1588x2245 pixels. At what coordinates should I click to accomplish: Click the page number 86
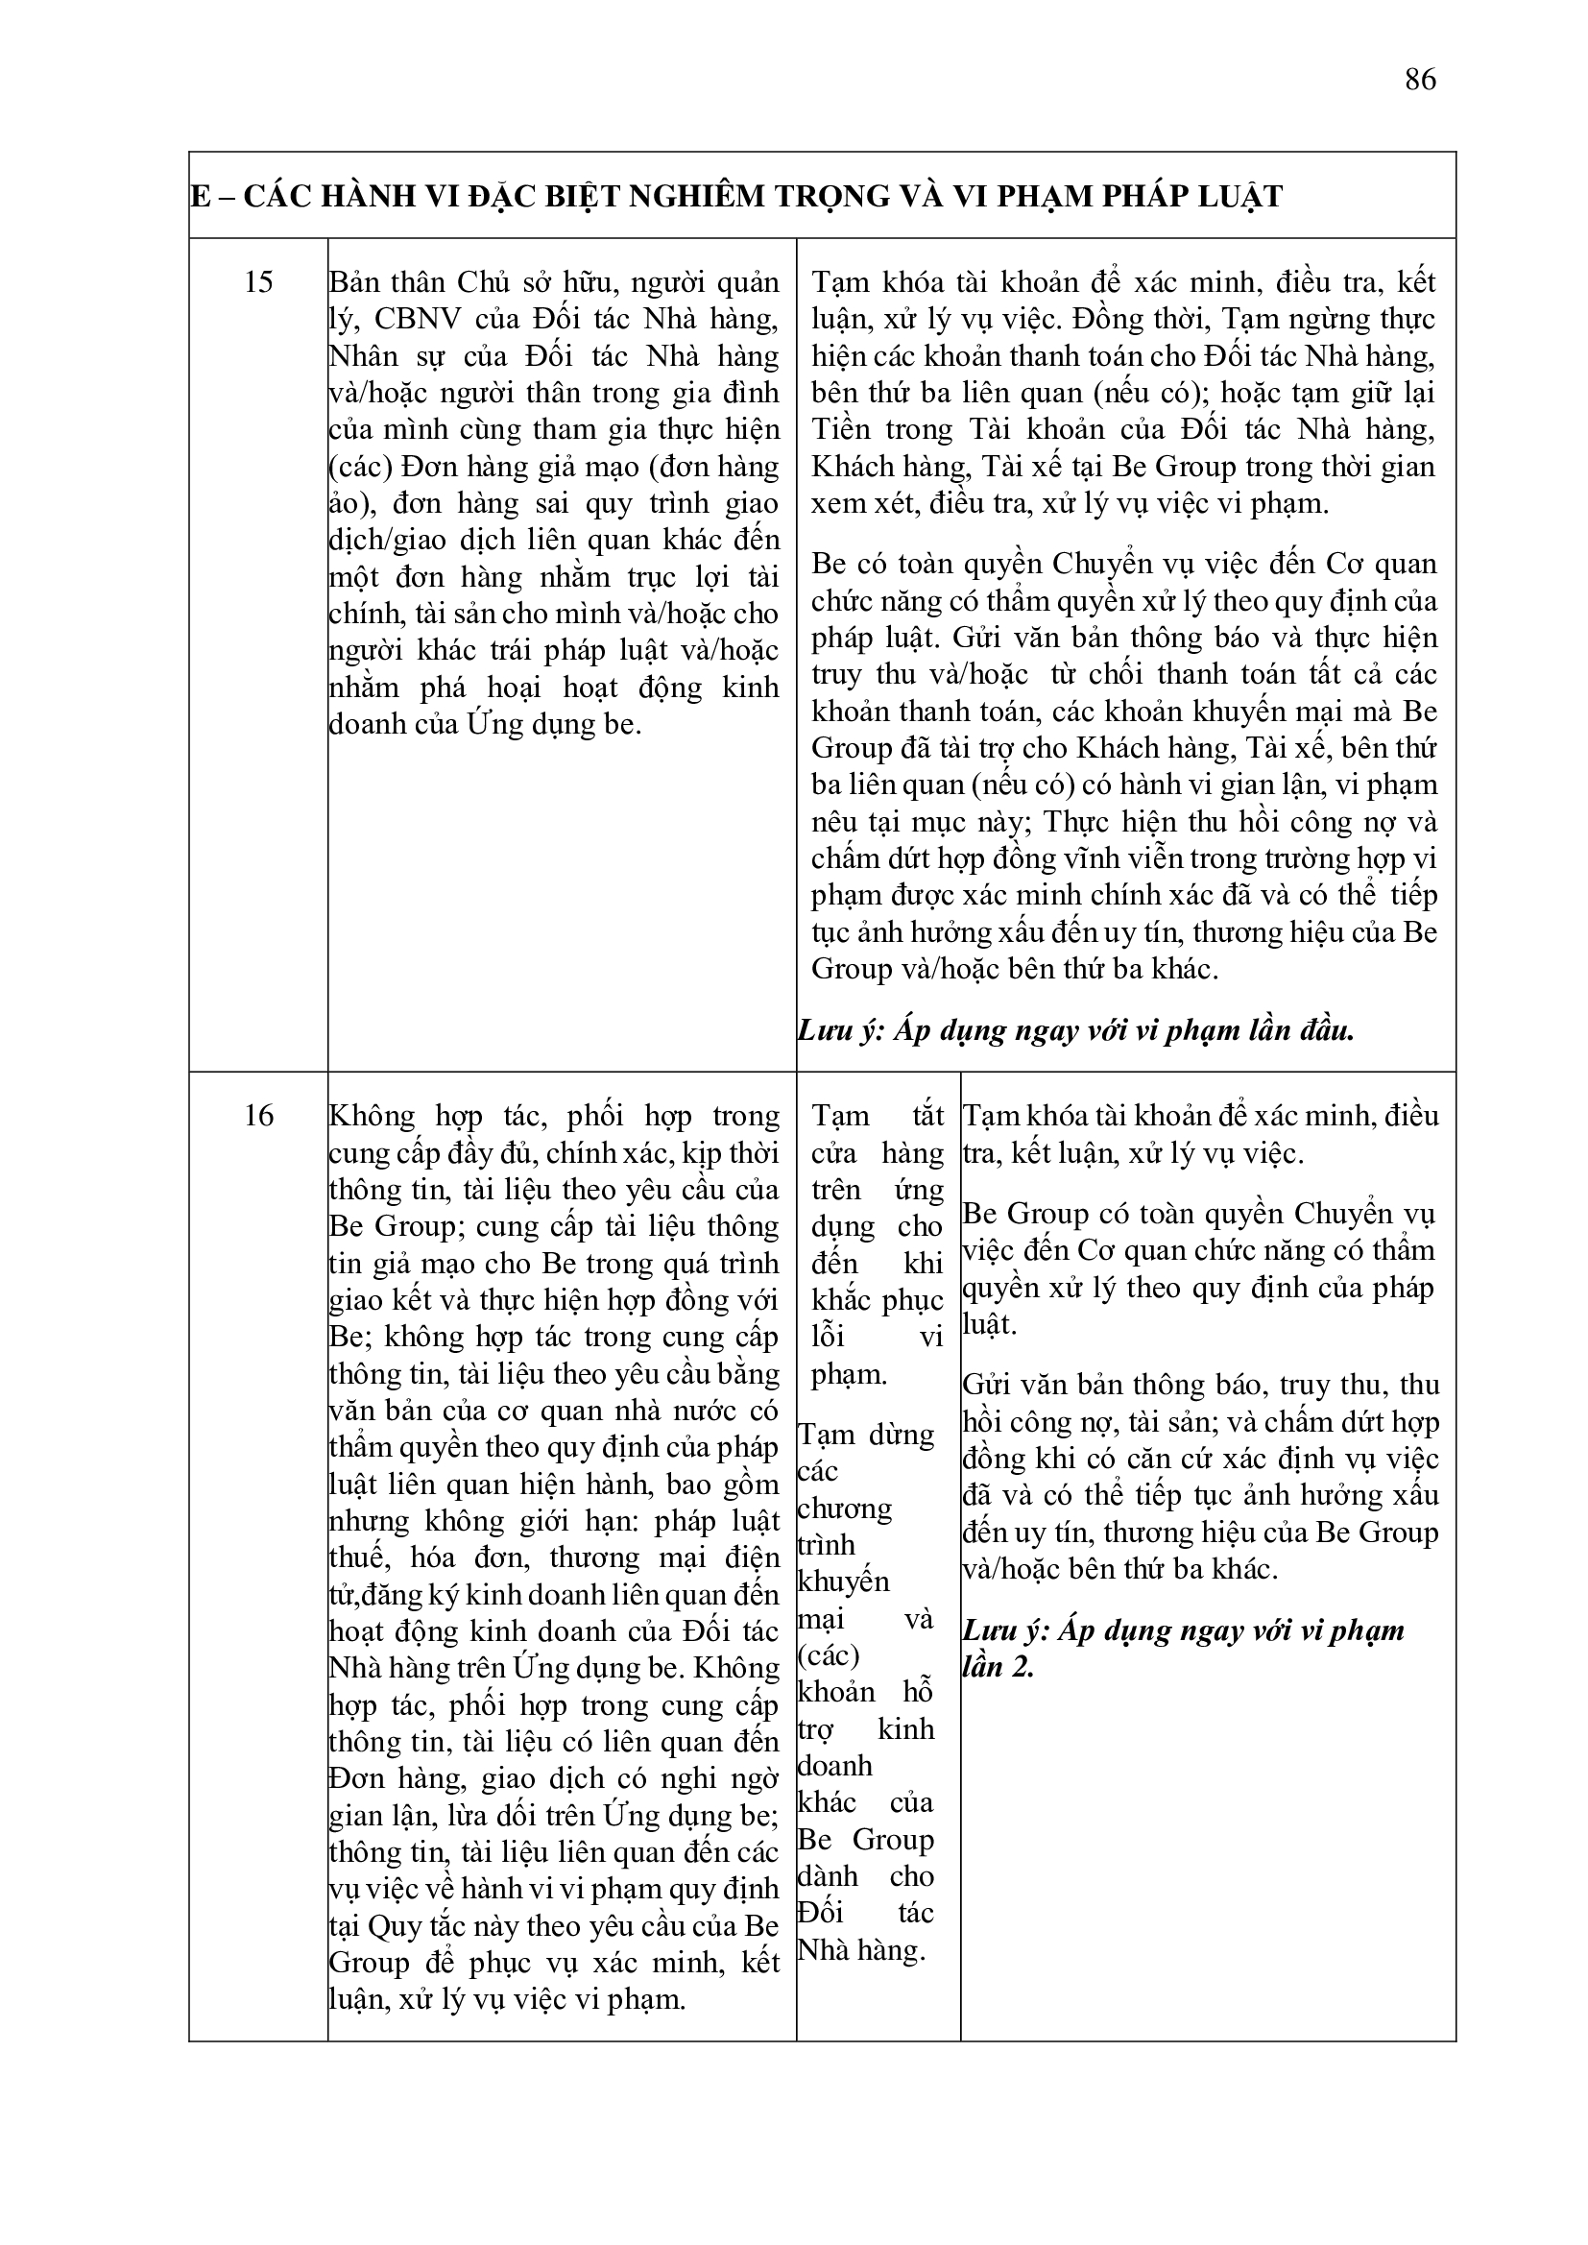(1420, 79)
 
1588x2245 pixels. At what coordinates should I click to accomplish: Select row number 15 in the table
(258, 282)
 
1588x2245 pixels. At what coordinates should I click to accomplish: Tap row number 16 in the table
(258, 1116)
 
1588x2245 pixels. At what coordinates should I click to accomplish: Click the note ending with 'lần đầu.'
(1075, 1030)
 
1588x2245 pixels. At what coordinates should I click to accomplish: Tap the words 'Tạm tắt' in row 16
(878, 1116)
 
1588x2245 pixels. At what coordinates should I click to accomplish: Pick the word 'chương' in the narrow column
(844, 1509)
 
